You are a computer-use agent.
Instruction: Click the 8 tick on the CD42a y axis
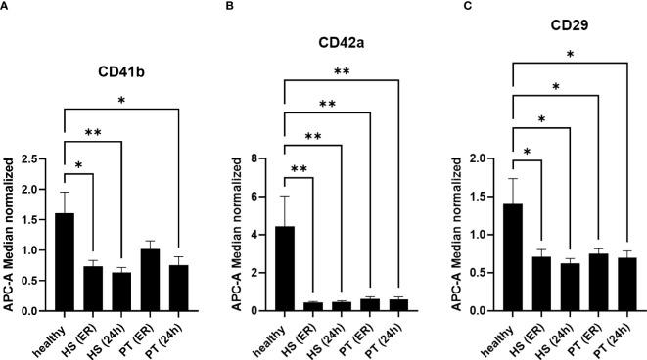tap(259, 158)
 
